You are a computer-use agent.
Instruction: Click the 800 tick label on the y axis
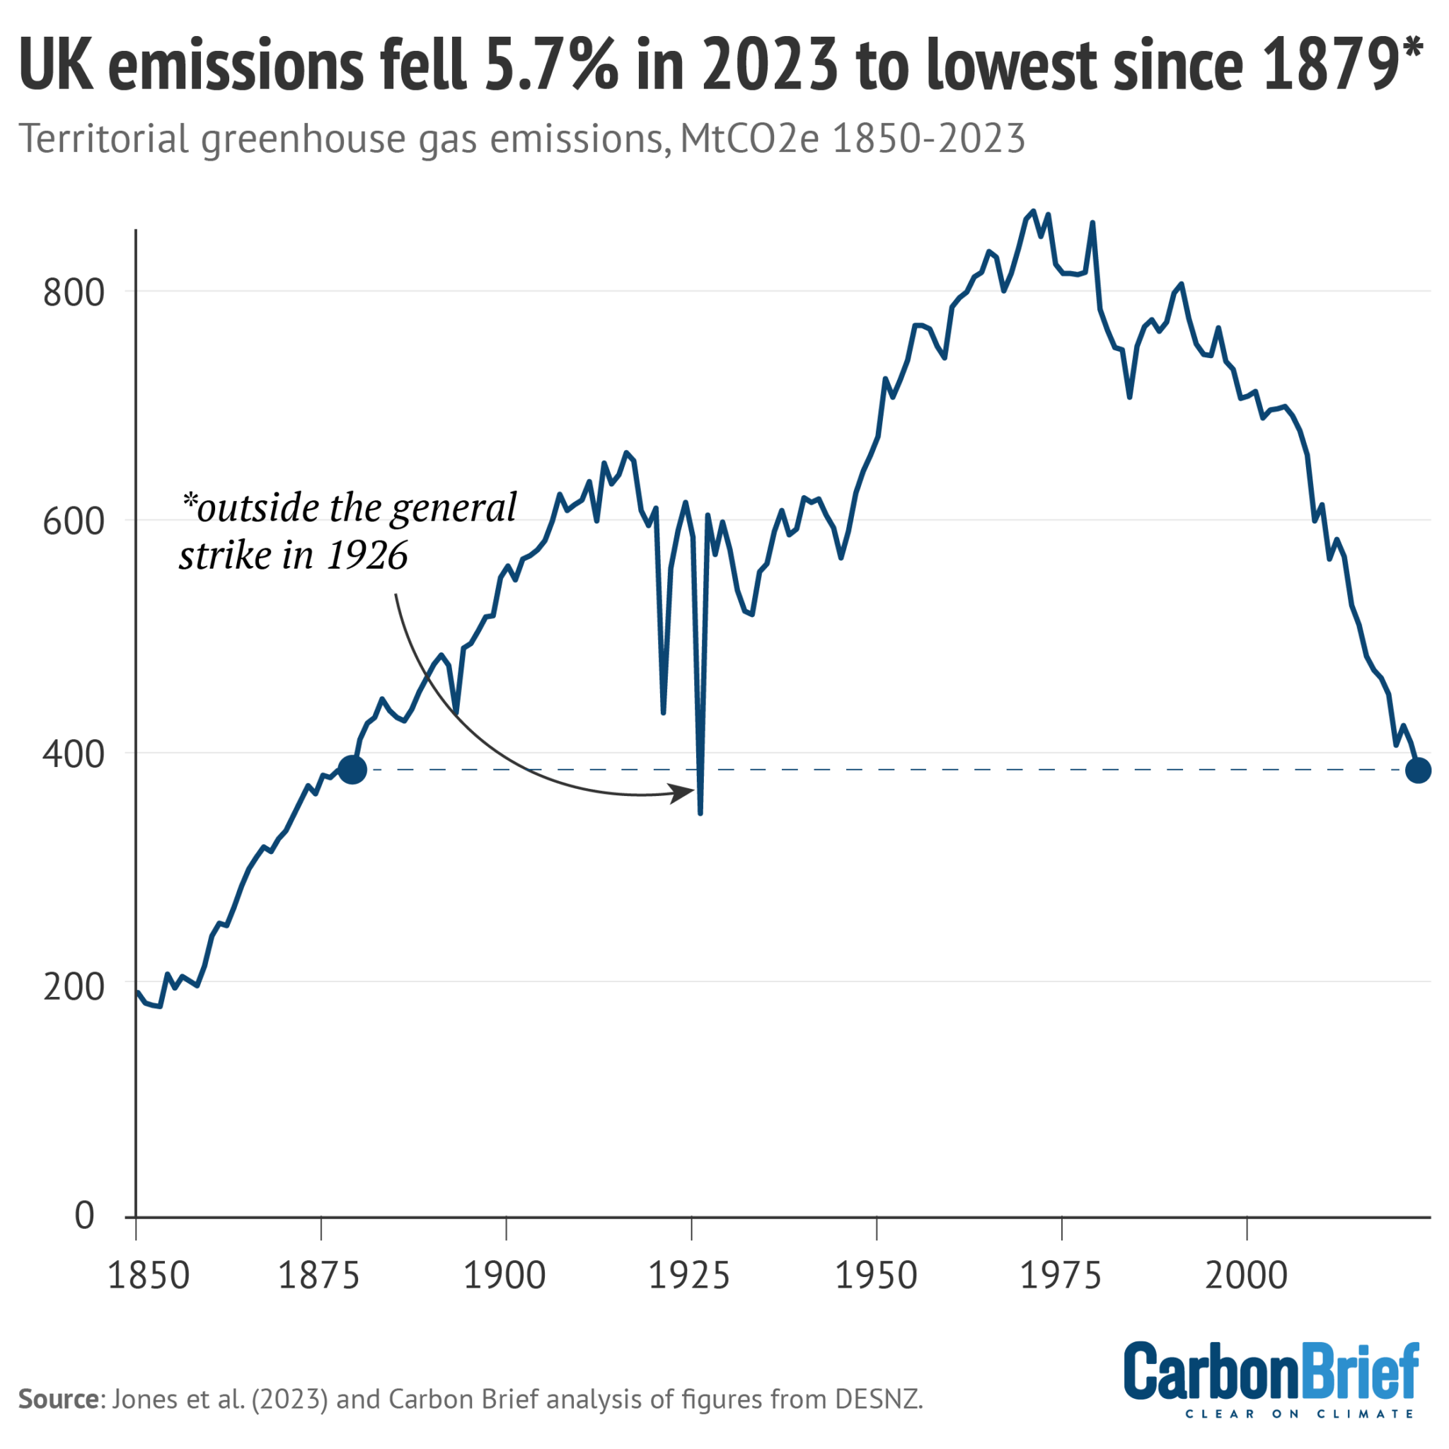point(73,292)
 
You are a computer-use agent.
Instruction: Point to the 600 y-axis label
point(73,522)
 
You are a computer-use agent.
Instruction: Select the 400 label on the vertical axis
point(73,754)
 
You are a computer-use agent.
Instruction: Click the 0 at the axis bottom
point(84,1215)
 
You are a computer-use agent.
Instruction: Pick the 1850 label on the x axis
point(148,1276)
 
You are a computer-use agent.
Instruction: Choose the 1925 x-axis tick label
point(688,1276)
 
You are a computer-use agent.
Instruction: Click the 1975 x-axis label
point(1061,1276)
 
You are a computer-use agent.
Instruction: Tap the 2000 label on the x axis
point(1246,1276)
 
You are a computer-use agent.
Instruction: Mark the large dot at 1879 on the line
point(352,770)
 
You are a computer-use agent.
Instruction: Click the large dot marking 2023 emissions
point(1417,770)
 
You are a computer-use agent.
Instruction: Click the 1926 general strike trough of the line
point(700,812)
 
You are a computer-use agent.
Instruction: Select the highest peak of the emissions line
point(1034,212)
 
